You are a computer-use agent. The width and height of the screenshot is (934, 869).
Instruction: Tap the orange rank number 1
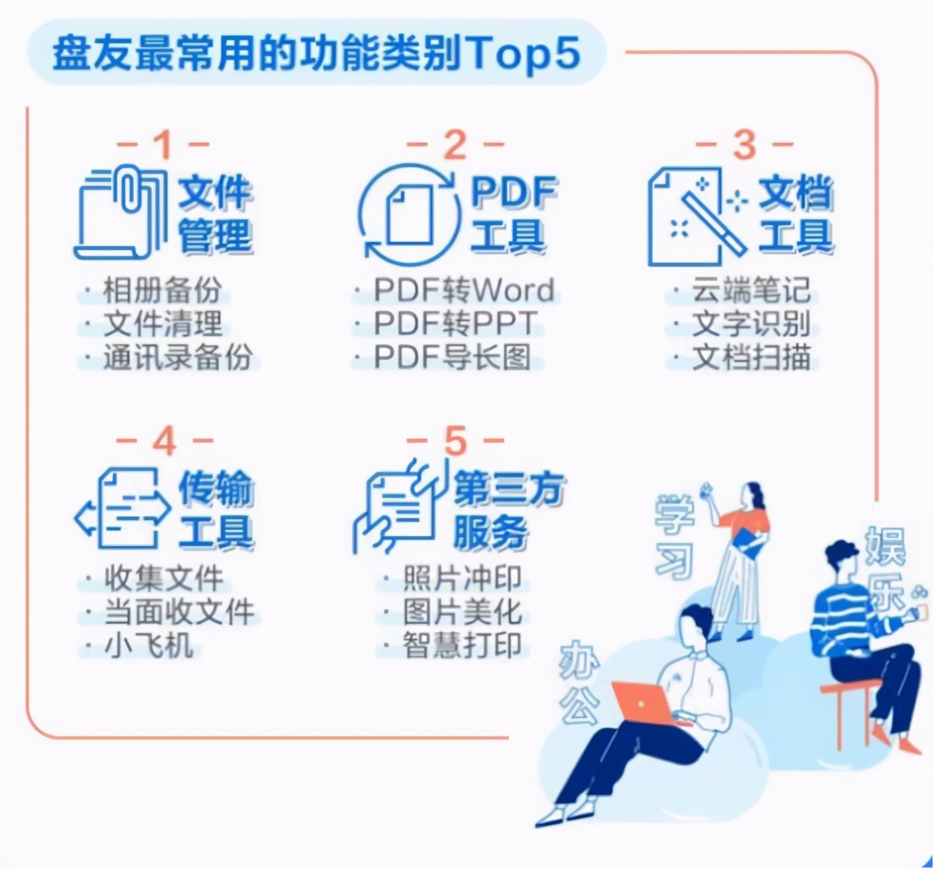[163, 145]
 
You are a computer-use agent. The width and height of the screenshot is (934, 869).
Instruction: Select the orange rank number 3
[744, 145]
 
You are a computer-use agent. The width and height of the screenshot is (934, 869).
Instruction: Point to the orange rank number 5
[455, 442]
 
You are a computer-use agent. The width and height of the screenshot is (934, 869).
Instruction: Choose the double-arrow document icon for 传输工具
[123, 509]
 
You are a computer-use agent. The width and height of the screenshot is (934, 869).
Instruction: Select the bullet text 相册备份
[162, 290]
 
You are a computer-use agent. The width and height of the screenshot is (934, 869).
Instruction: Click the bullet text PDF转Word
[463, 290]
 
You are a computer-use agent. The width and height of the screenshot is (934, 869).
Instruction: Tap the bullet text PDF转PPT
[456, 324]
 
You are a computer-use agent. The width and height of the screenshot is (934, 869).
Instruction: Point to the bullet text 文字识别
[751, 324]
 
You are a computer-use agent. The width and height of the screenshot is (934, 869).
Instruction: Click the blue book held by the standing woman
[750, 543]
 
